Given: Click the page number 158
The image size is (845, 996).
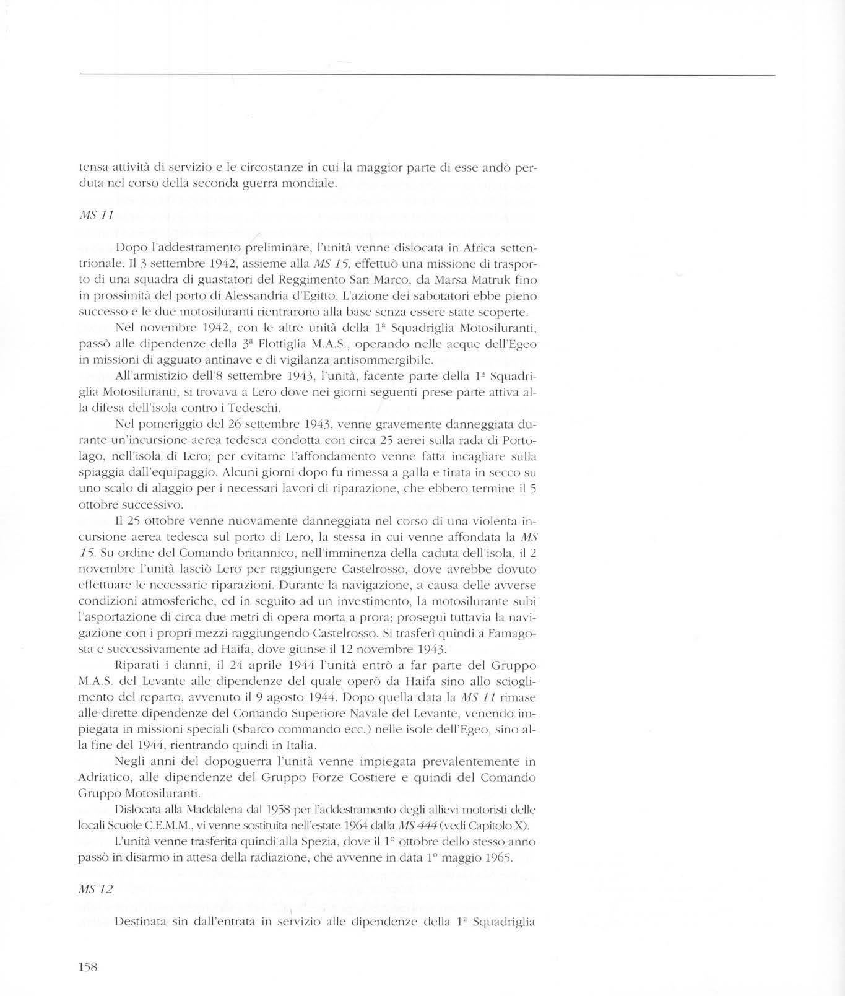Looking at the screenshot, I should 89,967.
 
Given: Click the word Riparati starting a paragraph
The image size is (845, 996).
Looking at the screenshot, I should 136,665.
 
